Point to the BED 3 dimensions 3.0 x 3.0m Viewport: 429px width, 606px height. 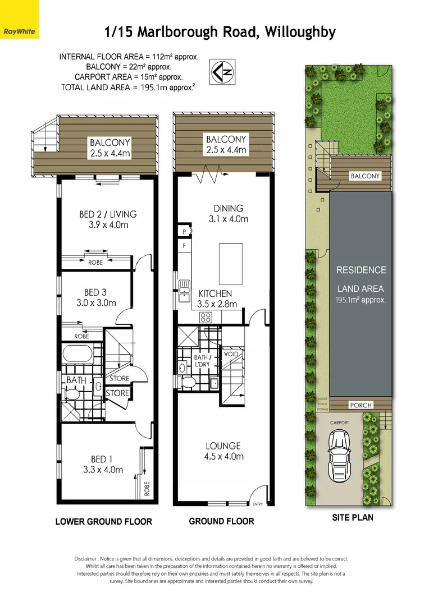point(95,302)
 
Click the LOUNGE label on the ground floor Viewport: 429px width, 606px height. point(223,446)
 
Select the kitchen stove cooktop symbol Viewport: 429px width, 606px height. point(206,317)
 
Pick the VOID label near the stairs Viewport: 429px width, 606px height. point(231,355)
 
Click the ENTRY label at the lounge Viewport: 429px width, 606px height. point(258,504)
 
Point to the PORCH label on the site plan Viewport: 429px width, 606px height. point(360,405)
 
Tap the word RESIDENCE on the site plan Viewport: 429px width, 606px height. point(361,270)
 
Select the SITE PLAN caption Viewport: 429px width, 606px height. point(352,517)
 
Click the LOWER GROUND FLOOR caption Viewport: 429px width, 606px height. point(103,521)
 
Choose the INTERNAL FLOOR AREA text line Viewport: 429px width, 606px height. point(129,57)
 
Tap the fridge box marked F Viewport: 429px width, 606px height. point(184,245)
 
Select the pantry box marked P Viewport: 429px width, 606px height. point(184,231)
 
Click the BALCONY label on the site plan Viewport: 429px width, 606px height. point(365,176)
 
